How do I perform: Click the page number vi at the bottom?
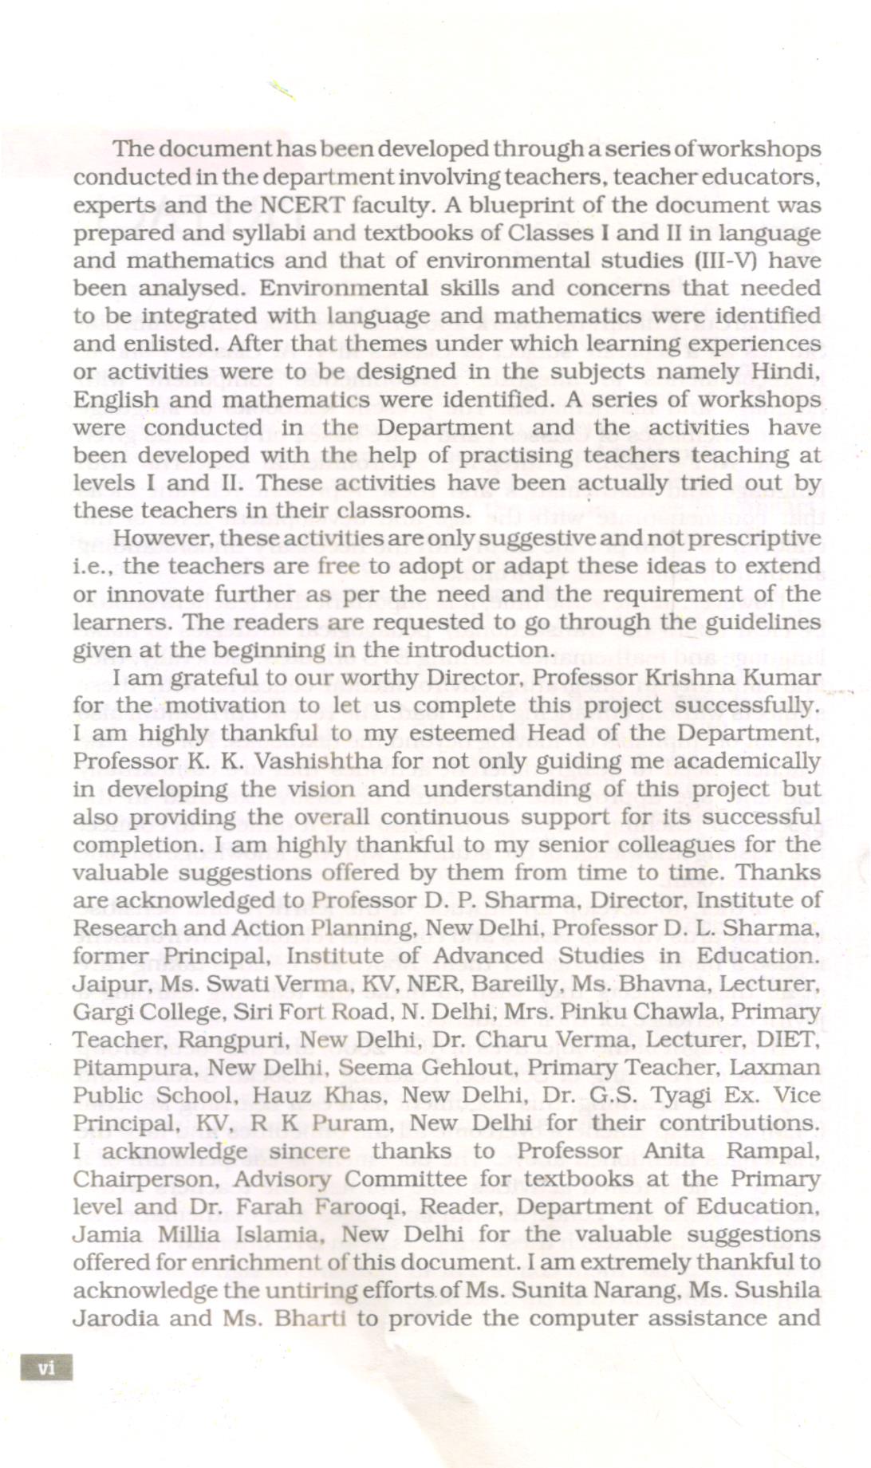click(x=47, y=1368)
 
